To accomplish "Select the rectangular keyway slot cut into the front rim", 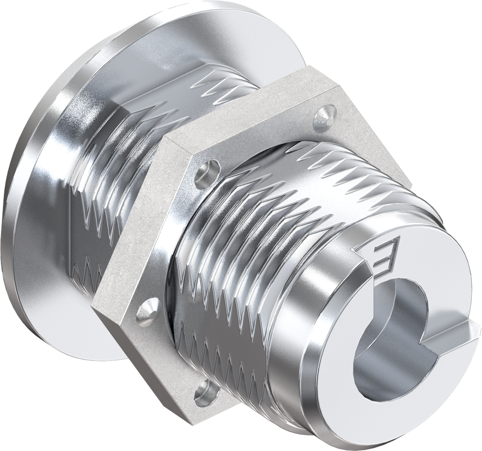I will [452, 332].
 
